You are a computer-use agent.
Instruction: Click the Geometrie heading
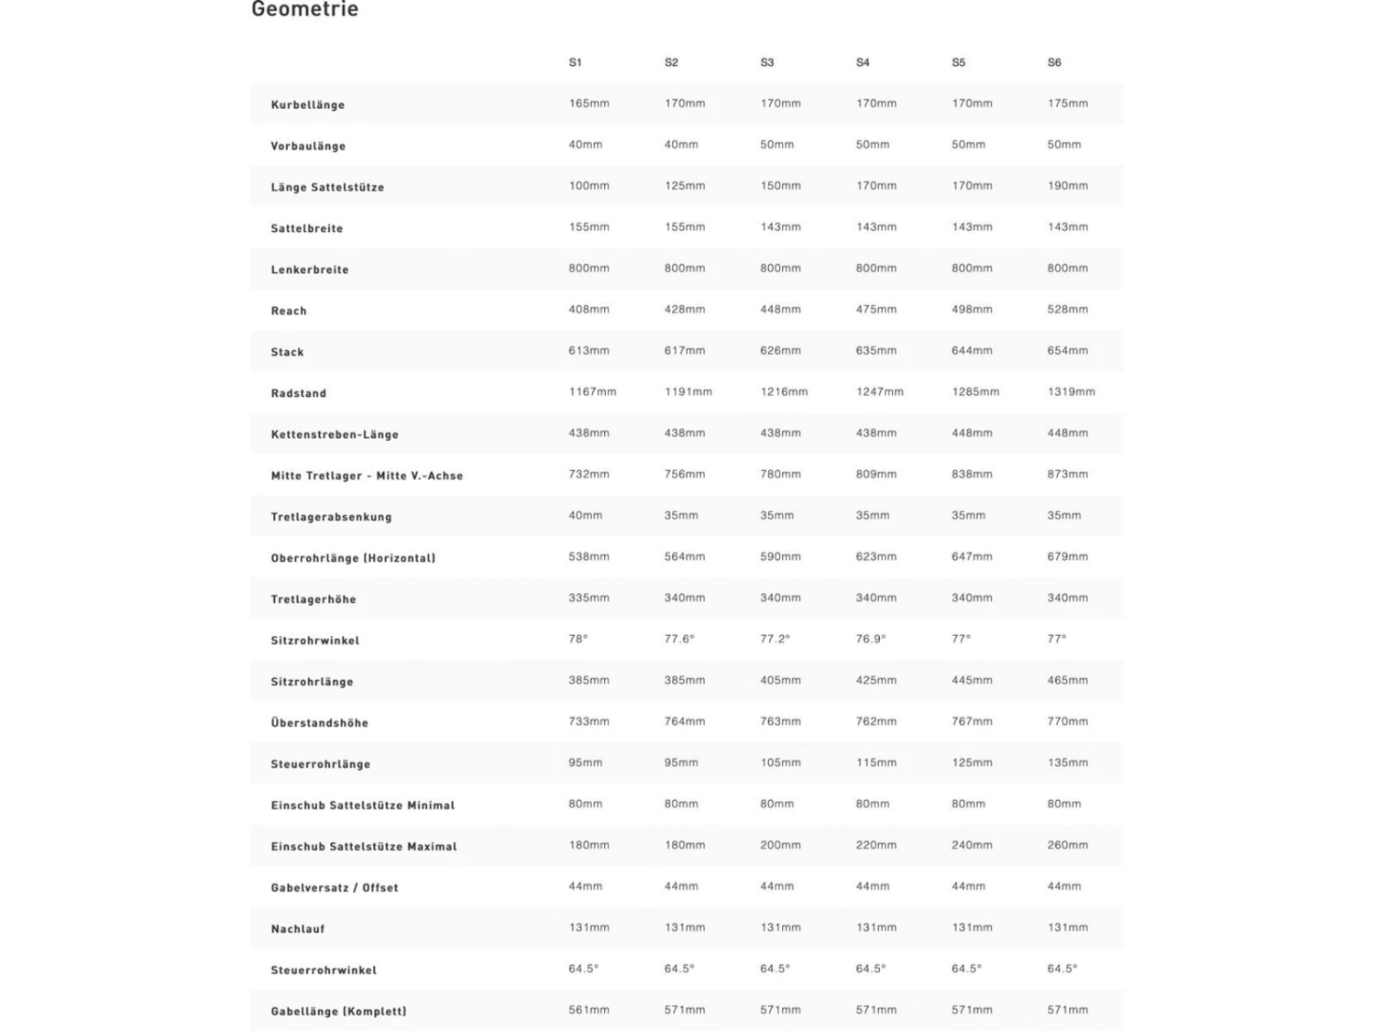pyautogui.click(x=304, y=10)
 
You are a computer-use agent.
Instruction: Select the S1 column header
pyautogui.click(x=575, y=62)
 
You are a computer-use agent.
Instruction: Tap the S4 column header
pyautogui.click(x=863, y=62)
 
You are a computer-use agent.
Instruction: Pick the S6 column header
pyautogui.click(x=1054, y=62)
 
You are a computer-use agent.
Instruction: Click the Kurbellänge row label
pyautogui.click(x=308, y=104)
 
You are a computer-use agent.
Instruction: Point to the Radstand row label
pyautogui.click(x=298, y=393)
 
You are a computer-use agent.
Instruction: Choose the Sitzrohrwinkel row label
pyautogui.click(x=314, y=641)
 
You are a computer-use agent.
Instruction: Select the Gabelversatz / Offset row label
pyautogui.click(x=335, y=888)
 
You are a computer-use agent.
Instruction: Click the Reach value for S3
pyautogui.click(x=780, y=310)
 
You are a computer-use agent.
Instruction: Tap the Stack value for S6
pyautogui.click(x=1067, y=351)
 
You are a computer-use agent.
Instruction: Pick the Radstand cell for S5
pyautogui.click(x=975, y=392)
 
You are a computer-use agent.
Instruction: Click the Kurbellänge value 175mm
pyautogui.click(x=1067, y=104)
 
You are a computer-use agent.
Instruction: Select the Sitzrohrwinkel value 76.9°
pyautogui.click(x=871, y=639)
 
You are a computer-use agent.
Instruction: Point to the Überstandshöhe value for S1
pyautogui.click(x=588, y=721)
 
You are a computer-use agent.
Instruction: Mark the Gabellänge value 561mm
pyautogui.click(x=588, y=1010)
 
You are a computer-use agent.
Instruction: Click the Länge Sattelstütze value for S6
pyautogui.click(x=1067, y=186)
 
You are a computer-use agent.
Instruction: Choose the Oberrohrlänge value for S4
pyautogui.click(x=875, y=556)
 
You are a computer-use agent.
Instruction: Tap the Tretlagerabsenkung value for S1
pyautogui.click(x=585, y=515)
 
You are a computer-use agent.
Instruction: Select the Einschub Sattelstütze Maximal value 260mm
pyautogui.click(x=1067, y=845)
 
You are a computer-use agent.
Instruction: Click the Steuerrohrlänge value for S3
pyautogui.click(x=780, y=762)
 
